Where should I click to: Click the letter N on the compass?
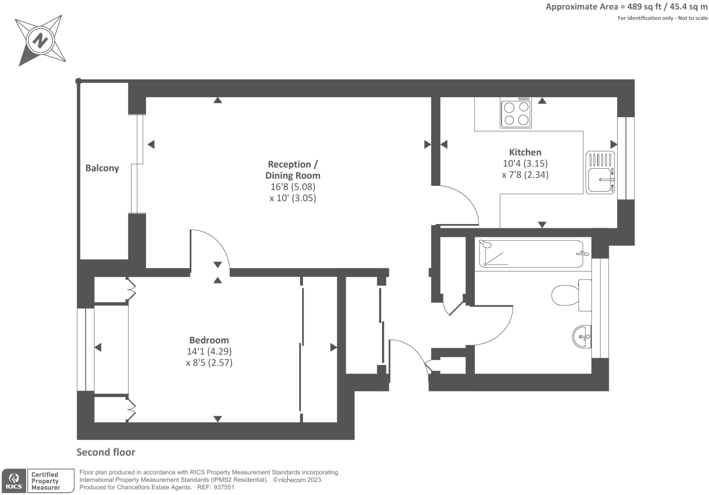pyautogui.click(x=40, y=41)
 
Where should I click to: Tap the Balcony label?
pyautogui.click(x=102, y=168)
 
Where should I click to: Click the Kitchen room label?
pyautogui.click(x=525, y=152)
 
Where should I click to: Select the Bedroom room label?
pyautogui.click(x=209, y=340)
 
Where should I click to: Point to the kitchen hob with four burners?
pyautogui.click(x=516, y=113)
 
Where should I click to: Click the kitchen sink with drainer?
pyautogui.click(x=600, y=172)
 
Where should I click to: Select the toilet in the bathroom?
pyautogui.click(x=571, y=295)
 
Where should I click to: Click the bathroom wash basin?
pyautogui.click(x=582, y=337)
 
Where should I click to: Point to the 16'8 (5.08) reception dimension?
pyautogui.click(x=293, y=187)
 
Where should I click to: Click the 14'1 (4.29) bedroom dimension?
pyautogui.click(x=209, y=351)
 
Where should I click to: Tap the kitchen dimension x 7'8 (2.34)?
pyautogui.click(x=525, y=175)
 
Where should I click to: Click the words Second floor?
pyautogui.click(x=106, y=452)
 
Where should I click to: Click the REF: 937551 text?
pyautogui.click(x=215, y=487)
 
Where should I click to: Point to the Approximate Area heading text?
pyautogui.click(x=626, y=7)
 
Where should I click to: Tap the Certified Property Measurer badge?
pyautogui.click(x=51, y=481)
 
